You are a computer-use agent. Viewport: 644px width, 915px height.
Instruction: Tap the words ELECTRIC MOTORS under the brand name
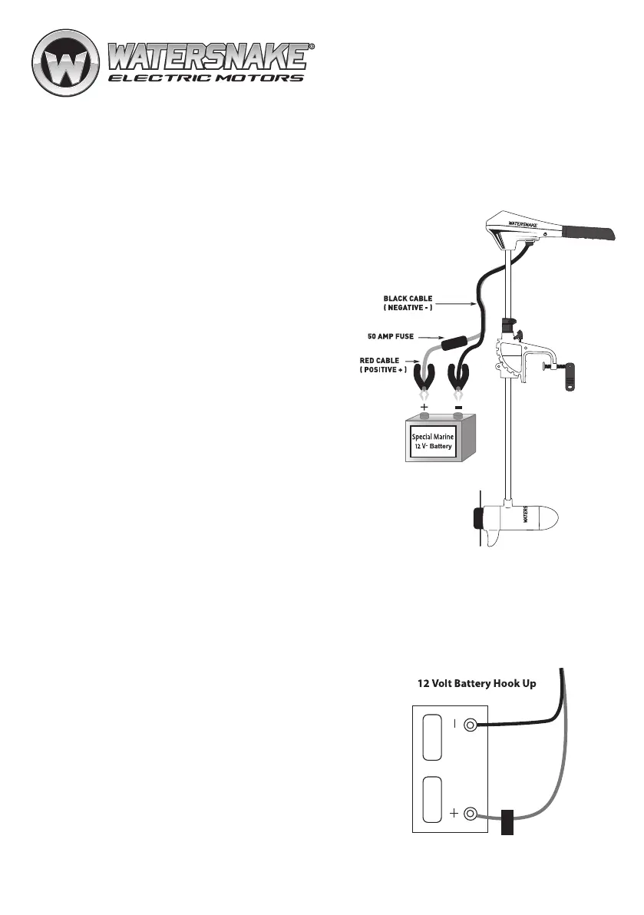(205, 78)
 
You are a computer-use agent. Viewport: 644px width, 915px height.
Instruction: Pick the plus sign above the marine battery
(424, 407)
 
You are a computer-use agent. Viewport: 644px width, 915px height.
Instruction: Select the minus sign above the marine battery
(459, 407)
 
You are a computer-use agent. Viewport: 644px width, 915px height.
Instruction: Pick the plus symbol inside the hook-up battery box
(454, 814)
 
